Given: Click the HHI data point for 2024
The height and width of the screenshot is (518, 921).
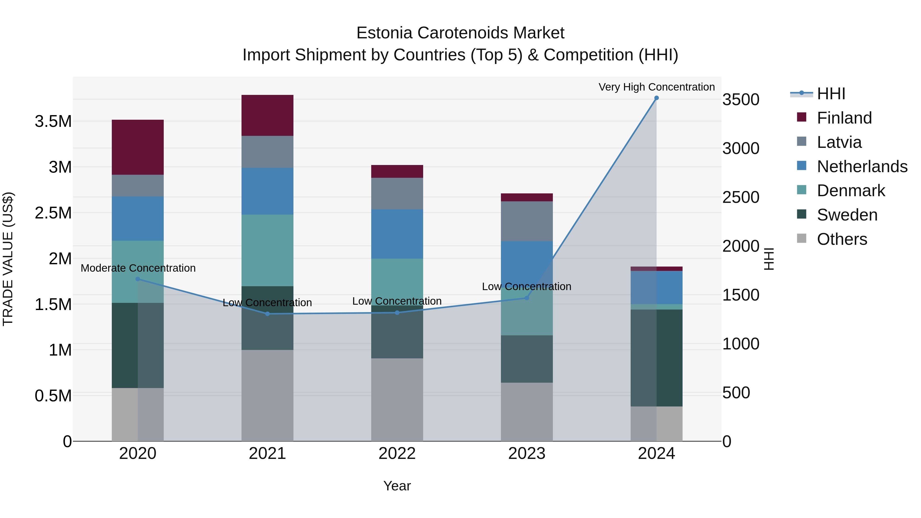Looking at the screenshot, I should [x=656, y=98].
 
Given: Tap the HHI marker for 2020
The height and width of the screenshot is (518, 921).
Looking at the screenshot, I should [x=138, y=279].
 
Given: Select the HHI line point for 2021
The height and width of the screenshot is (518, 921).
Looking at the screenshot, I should [x=267, y=314].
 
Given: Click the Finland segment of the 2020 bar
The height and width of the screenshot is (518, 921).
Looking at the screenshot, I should [x=138, y=147].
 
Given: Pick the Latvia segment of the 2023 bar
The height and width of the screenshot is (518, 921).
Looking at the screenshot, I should [x=527, y=221].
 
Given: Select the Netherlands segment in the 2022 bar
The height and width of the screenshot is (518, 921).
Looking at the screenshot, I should [x=397, y=234].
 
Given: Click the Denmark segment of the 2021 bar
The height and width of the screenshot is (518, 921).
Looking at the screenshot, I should [x=267, y=250].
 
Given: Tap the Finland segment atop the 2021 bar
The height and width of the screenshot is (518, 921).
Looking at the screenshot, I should [x=267, y=115].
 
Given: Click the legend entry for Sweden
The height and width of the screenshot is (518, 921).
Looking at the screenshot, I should [x=847, y=215].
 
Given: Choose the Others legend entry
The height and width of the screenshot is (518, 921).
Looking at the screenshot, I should [x=842, y=239].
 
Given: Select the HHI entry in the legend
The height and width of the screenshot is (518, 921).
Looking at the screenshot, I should [x=831, y=94].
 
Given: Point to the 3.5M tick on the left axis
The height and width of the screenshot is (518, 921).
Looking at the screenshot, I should [x=53, y=122].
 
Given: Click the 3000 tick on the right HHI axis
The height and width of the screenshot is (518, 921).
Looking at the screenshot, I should [x=741, y=148].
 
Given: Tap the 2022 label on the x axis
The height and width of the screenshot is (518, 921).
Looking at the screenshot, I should [x=397, y=454].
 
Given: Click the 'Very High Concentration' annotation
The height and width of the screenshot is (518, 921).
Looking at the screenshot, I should [x=656, y=87].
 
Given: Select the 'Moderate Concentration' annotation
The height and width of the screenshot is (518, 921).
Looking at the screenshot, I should [x=138, y=268].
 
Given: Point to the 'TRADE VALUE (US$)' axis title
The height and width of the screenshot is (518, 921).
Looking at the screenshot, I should [x=8, y=259].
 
